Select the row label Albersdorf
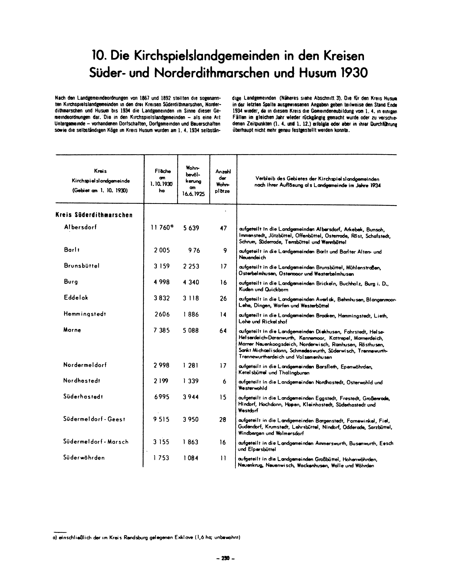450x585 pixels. pos(80,227)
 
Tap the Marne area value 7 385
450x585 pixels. pos(161,331)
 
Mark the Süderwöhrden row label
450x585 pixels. pos(84,458)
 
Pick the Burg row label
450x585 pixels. pos(71,282)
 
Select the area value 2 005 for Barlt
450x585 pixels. pos(161,250)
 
